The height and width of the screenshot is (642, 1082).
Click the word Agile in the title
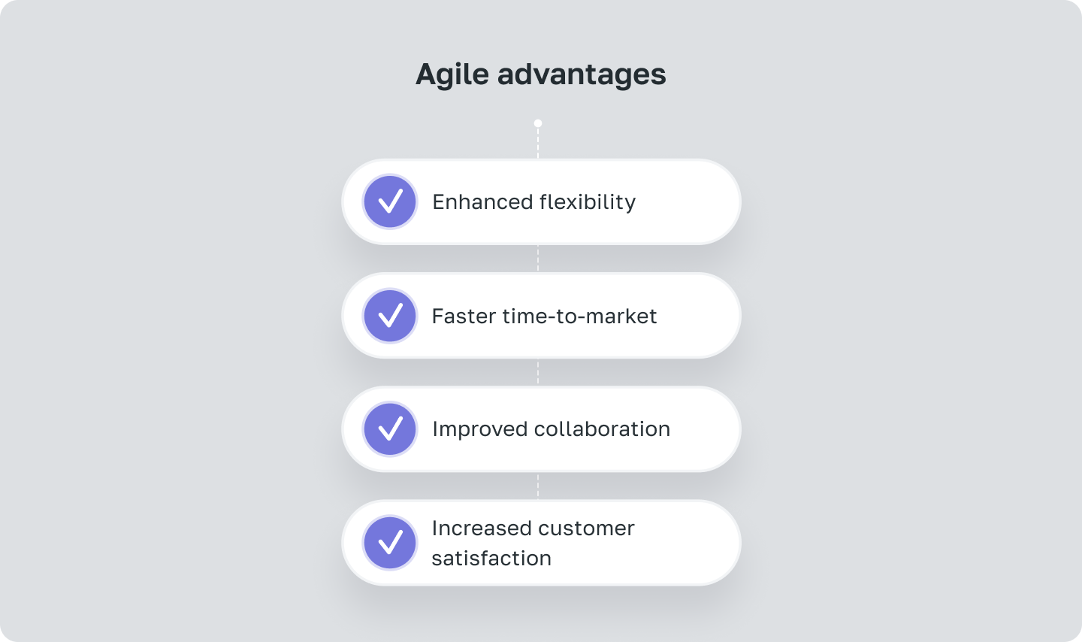pos(452,74)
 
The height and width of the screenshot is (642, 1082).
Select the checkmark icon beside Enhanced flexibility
pos(390,201)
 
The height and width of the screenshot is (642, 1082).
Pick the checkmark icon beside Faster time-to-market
pos(390,316)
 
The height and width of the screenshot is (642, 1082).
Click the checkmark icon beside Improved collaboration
pos(390,429)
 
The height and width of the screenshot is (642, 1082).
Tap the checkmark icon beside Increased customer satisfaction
pos(390,543)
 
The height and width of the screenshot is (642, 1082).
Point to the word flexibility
pos(588,201)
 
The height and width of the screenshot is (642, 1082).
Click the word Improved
pos(479,429)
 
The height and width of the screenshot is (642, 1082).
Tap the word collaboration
pos(602,429)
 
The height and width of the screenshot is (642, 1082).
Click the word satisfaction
pos(491,559)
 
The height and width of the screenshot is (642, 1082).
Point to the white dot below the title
pos(538,123)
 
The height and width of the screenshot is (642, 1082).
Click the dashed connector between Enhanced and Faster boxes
pos(538,259)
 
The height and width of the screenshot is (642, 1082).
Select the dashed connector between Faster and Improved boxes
pos(538,372)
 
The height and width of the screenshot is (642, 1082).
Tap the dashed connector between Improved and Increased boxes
pos(538,486)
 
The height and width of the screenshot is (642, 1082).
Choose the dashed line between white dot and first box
pos(538,143)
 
